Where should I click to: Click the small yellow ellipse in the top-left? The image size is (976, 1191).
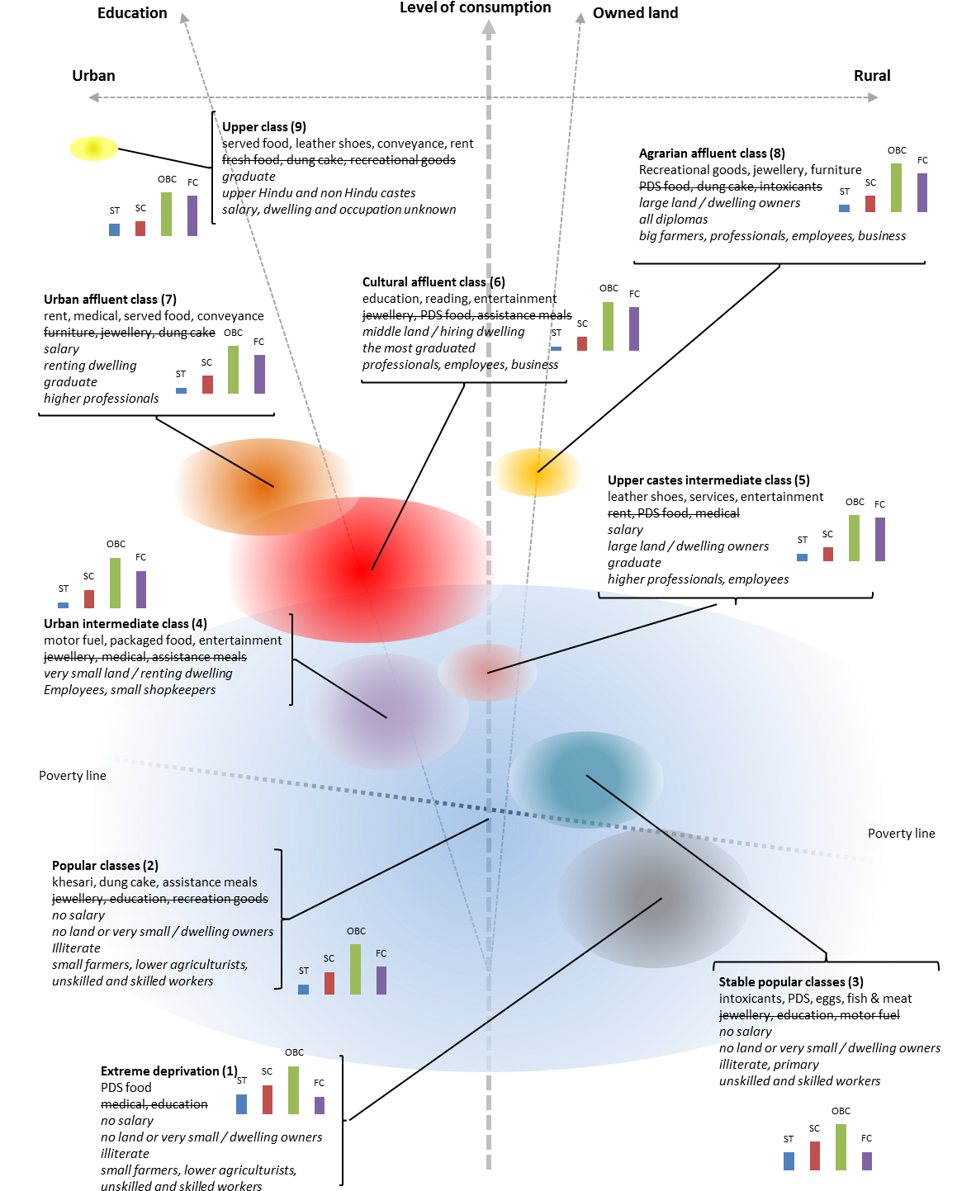(93, 149)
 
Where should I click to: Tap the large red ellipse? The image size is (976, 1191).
(362, 570)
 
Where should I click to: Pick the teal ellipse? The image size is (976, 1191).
(585, 779)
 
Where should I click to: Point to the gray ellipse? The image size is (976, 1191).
(654, 898)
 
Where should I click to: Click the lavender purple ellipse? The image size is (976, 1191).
(386, 711)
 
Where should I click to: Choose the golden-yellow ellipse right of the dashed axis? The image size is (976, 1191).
(538, 472)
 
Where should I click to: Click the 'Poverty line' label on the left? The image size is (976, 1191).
(73, 776)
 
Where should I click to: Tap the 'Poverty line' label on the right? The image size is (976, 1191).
(901, 834)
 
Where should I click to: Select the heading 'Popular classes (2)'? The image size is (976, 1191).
(105, 866)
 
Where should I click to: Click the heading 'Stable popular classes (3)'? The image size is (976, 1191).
(790, 982)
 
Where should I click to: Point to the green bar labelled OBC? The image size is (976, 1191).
(355, 969)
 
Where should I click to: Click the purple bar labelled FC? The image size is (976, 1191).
(381, 980)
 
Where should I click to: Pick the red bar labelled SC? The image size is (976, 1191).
(329, 983)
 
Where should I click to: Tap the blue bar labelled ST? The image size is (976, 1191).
(303, 989)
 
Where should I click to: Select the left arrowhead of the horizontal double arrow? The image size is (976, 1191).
(93, 97)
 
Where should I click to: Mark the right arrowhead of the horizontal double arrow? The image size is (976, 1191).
(874, 97)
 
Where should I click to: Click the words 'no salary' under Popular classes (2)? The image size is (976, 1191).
(78, 915)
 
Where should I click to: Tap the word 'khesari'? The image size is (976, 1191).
(73, 882)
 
